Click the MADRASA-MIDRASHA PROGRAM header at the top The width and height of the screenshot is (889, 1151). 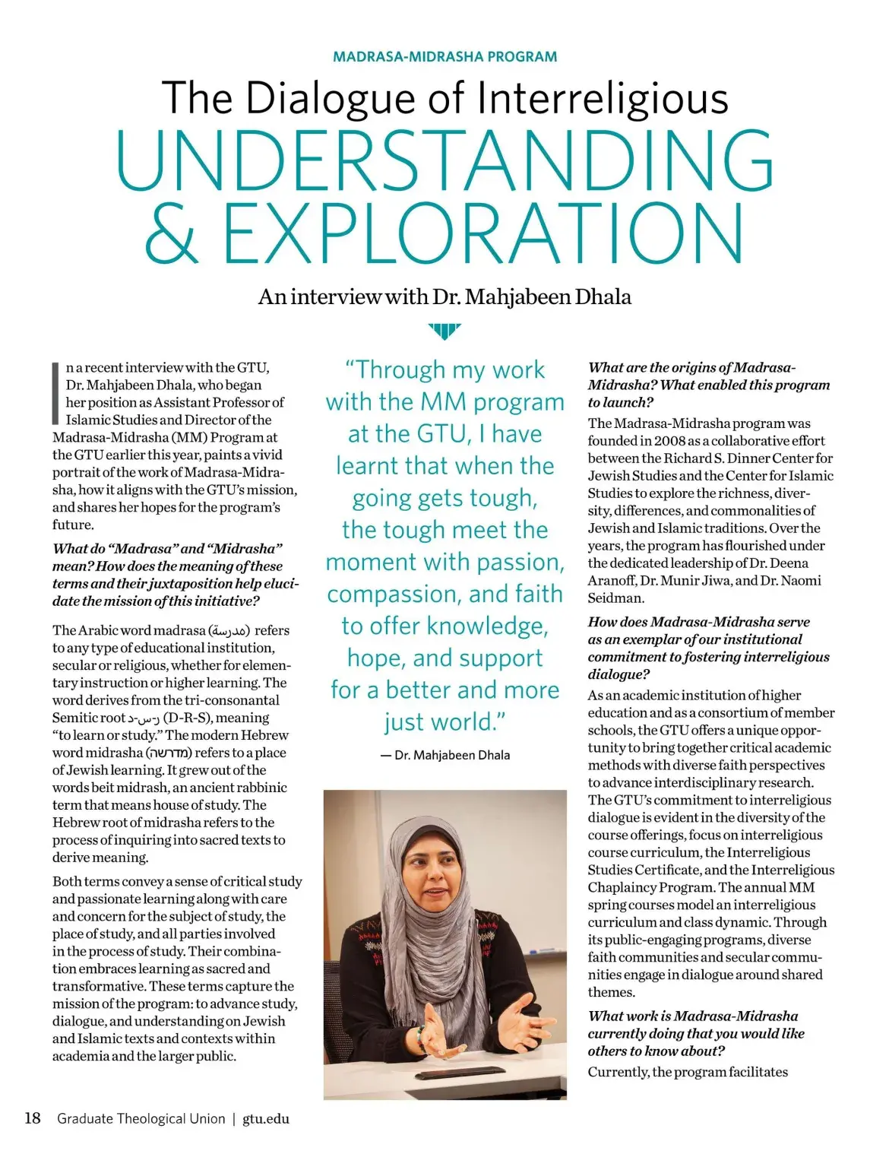pyautogui.click(x=444, y=56)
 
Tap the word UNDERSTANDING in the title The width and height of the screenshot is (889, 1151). pyautogui.click(x=444, y=162)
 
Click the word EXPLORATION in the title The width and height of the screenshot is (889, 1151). pyautogui.click(x=483, y=232)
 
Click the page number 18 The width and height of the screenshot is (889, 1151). pyautogui.click(x=33, y=1118)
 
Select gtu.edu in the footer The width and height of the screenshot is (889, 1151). pyautogui.click(x=266, y=1118)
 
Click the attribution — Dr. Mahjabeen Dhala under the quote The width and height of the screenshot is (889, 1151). pyautogui.click(x=445, y=755)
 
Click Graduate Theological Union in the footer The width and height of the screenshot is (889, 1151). pyautogui.click(x=141, y=1118)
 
